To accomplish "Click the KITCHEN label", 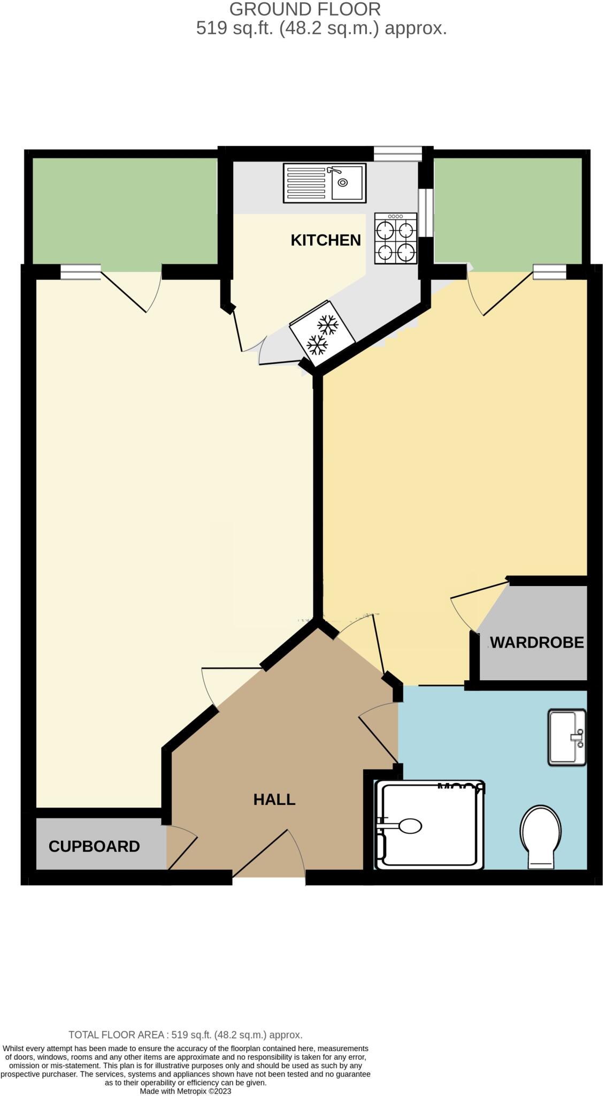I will tap(325, 240).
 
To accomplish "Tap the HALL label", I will tap(274, 800).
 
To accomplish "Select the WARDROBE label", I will tap(536, 642).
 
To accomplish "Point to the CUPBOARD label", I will tap(94, 846).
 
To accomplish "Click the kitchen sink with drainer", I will tap(324, 183).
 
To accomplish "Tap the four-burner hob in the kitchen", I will tap(396, 238).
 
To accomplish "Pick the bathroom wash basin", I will tap(566, 737).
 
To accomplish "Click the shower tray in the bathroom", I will tap(429, 825).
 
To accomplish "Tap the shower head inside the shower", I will tap(410, 826).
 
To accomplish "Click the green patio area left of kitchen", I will tap(125, 211).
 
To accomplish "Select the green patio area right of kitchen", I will tap(508, 211).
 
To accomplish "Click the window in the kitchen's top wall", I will tap(397, 154).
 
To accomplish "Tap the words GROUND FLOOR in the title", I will tap(305, 9).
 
